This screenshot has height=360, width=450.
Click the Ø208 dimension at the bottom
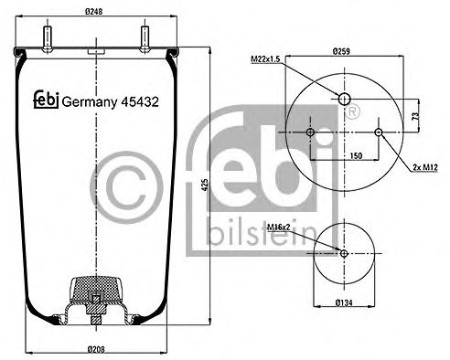(x=95, y=348)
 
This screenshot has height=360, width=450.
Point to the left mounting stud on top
(x=45, y=37)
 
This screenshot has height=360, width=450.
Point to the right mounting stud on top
(x=145, y=37)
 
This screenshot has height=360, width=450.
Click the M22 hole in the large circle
(x=344, y=99)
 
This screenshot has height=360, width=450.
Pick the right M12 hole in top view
(x=379, y=134)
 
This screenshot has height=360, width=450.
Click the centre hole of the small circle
(x=344, y=253)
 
